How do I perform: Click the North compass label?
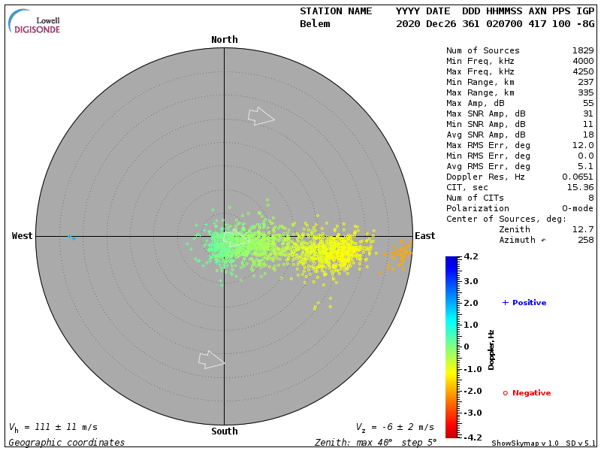[x=224, y=40]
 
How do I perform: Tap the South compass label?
[x=224, y=431]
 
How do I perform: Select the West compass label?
[x=23, y=236]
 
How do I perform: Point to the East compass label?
[x=424, y=236]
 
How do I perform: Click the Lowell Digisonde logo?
[x=35, y=22]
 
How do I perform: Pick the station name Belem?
[x=315, y=24]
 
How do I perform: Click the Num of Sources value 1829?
[x=582, y=50]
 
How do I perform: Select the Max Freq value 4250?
[x=582, y=71]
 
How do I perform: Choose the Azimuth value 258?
[x=585, y=240]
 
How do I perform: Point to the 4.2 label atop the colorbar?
[x=471, y=256]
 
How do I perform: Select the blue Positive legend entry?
[x=524, y=303]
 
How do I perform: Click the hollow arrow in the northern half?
[x=260, y=116]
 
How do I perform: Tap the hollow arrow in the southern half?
[x=211, y=360]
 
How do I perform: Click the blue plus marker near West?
[x=70, y=237]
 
